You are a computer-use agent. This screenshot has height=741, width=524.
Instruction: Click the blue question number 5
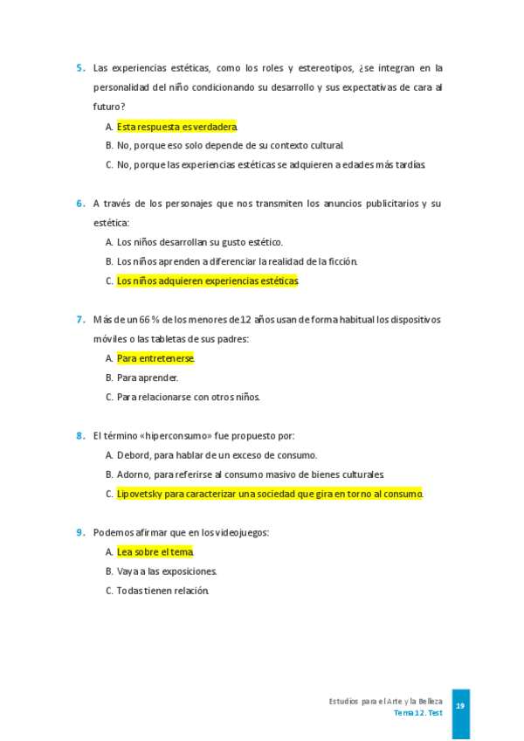80,68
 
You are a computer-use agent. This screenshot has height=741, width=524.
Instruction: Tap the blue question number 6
80,204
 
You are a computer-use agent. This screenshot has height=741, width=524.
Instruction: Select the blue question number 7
80,320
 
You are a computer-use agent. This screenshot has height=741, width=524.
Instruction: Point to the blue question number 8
80,435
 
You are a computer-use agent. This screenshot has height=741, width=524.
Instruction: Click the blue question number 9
80,532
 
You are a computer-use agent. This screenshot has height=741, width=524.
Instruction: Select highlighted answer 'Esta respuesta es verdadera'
176,127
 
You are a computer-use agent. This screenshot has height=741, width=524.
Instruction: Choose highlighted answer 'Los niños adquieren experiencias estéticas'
207,281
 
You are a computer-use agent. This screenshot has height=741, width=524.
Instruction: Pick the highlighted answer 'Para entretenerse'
155,358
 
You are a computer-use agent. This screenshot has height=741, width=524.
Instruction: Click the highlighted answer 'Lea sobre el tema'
155,552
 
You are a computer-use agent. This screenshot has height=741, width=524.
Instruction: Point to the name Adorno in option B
134,474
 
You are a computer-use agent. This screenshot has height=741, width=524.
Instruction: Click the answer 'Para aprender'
148,377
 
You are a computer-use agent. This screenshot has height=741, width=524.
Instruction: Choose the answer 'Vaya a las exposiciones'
167,571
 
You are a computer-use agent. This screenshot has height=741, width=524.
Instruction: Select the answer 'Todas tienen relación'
163,591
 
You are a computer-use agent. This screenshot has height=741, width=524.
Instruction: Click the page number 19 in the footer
460,706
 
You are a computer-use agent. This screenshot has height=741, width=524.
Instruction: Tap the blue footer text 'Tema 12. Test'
417,713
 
